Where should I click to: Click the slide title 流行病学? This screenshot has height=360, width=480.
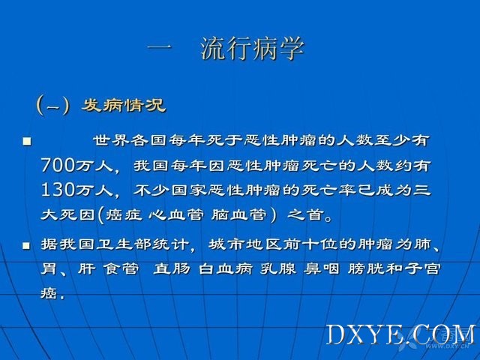point(253,48)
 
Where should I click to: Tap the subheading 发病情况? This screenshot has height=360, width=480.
point(123,106)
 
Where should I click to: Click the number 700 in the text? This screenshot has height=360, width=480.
point(58,166)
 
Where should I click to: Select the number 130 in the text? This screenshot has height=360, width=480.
point(58,190)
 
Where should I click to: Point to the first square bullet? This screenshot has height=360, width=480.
point(27,141)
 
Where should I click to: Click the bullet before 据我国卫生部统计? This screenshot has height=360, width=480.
point(27,245)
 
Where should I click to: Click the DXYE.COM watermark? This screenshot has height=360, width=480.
point(401,335)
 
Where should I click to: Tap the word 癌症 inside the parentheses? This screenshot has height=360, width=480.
point(124,214)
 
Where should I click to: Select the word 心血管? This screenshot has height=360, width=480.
point(176,214)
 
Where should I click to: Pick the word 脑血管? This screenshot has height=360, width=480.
point(238,214)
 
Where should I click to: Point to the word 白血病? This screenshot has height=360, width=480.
point(226,269)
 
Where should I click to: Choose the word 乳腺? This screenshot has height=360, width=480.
point(278,269)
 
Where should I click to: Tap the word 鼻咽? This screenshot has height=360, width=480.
point(322,269)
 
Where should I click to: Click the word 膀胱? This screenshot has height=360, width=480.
point(366,269)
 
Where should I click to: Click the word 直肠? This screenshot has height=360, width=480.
point(172,269)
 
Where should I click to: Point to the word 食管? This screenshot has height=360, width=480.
point(121,269)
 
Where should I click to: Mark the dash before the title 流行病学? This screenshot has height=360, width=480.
point(160,47)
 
